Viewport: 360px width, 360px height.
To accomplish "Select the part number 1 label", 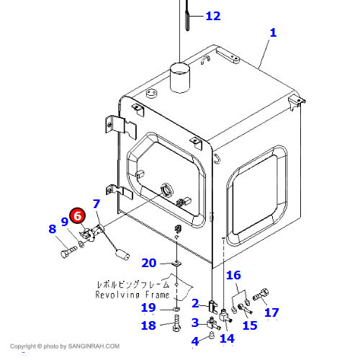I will tap(273, 32).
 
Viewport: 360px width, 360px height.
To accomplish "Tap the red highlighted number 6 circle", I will tap(77, 215).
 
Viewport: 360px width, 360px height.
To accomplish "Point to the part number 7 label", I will tap(96, 204).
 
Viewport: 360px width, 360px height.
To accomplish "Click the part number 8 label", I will tap(52, 229).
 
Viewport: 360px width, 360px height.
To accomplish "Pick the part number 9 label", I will tap(64, 222).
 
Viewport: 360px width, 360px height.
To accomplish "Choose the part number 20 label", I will tap(148, 263).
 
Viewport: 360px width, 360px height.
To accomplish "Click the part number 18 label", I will tap(148, 325).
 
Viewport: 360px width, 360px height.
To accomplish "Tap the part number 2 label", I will tap(195, 303).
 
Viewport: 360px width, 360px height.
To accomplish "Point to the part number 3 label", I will tap(195, 322).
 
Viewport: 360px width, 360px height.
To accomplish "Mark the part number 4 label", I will tap(195, 341).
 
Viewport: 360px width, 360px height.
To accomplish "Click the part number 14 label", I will tap(226, 338).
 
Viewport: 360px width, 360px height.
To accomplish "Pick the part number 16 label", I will tap(234, 275).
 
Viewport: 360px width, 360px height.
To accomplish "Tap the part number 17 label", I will tap(271, 312).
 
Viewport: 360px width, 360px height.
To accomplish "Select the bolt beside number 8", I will tap(67, 253).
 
